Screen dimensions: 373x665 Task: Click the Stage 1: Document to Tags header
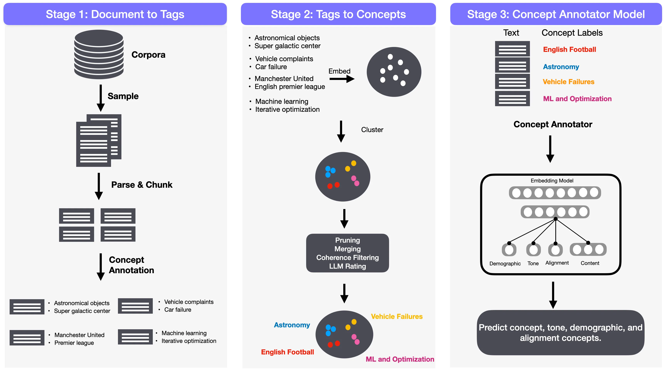point(115,14)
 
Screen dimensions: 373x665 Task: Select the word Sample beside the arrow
point(123,96)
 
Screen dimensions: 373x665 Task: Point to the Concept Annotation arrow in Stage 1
point(100,267)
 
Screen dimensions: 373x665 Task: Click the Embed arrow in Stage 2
point(342,79)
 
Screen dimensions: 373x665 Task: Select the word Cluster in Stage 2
point(372,130)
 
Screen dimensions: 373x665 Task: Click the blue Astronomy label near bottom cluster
point(292,325)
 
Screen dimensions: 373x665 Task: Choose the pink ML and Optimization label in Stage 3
point(577,99)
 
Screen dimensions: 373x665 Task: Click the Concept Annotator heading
point(552,124)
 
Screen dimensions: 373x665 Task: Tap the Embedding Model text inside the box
point(552,181)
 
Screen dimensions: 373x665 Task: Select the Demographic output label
point(505,264)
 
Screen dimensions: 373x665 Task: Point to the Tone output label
point(533,263)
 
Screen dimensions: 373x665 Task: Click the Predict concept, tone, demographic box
point(560,333)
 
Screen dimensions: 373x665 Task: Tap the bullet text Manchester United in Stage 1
point(79,335)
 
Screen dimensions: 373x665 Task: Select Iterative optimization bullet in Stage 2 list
point(287,110)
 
